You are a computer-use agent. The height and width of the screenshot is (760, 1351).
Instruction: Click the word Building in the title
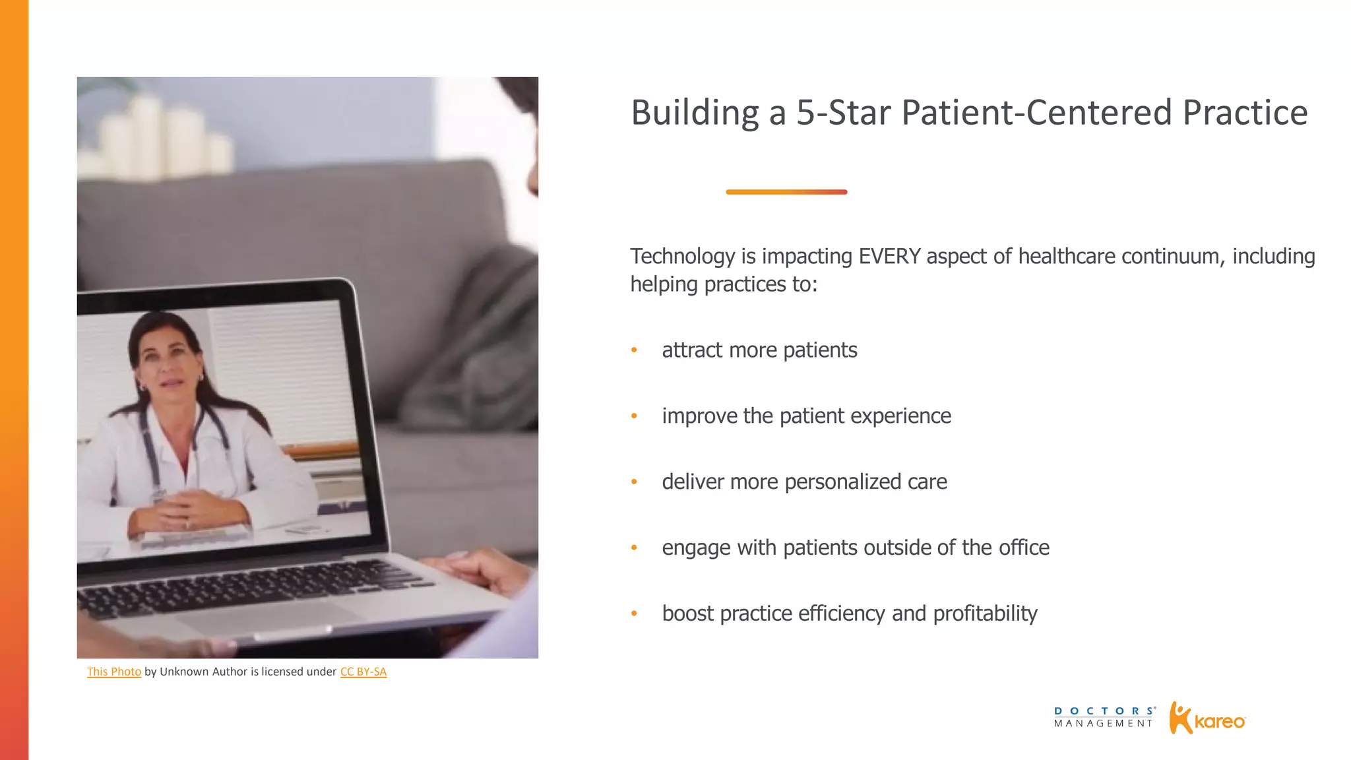(x=695, y=113)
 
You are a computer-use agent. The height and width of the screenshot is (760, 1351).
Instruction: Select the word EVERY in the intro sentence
(x=889, y=257)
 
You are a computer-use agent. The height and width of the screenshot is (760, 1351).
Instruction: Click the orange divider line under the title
(x=786, y=192)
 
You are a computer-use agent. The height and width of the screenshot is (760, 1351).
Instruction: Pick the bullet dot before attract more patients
(x=634, y=350)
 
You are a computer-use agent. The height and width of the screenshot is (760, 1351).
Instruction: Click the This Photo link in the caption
(x=114, y=672)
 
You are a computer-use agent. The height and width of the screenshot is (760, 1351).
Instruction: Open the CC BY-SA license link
(x=363, y=672)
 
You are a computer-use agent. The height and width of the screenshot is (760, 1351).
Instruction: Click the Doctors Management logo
(x=1104, y=717)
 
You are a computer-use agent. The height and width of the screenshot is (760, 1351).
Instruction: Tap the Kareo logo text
(x=1220, y=722)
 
